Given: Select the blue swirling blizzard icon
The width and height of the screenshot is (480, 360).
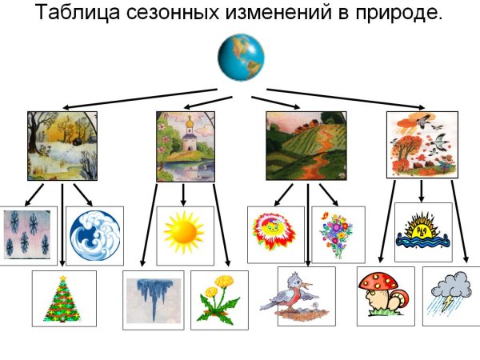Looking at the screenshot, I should [94, 236].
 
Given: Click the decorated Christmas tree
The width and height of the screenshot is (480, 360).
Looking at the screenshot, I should [64, 298].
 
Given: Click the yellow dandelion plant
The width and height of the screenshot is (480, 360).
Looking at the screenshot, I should [218, 300].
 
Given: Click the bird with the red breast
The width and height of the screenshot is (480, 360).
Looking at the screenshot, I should [294, 295].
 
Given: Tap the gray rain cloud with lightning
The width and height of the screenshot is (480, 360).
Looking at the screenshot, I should [451, 295].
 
